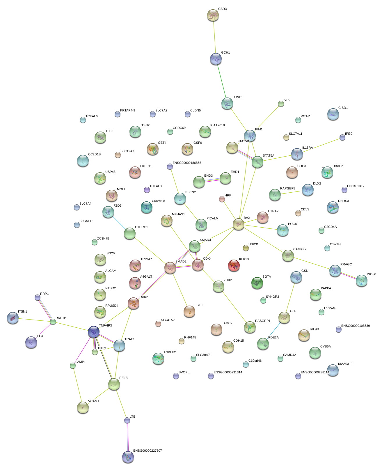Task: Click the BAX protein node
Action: pos(238,224)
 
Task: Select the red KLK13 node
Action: pos(234,265)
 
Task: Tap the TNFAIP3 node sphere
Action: pos(94,332)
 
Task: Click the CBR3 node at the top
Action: pos(213,15)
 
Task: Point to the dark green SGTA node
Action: pos(257,283)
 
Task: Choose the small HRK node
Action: pos(222,199)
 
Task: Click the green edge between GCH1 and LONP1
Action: pos(222,81)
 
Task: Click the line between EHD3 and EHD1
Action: pos(212,180)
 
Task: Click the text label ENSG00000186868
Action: pos(187,163)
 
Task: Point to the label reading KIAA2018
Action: pos(217,125)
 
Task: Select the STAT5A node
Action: pos(257,162)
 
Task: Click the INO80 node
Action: pos(361,281)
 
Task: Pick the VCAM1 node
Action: pos(83,407)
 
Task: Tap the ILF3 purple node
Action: pos(31,342)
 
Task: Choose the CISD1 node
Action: pos(333,114)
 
